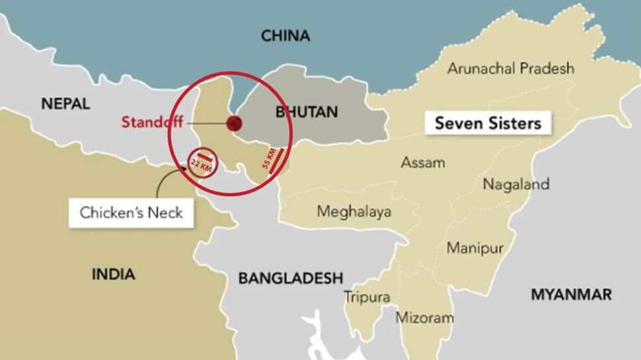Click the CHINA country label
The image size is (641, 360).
(x=285, y=36)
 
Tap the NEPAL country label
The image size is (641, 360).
(x=65, y=104)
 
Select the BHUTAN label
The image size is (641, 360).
(x=306, y=112)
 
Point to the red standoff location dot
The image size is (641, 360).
(x=233, y=124)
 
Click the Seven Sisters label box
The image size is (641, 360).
(x=488, y=124)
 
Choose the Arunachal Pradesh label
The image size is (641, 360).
(x=511, y=68)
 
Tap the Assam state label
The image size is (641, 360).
(x=423, y=162)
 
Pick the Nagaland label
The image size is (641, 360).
(x=516, y=184)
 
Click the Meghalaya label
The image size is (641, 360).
(x=354, y=211)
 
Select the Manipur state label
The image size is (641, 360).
(x=475, y=248)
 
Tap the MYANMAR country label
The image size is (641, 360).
(x=571, y=295)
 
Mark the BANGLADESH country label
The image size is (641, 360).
(x=291, y=278)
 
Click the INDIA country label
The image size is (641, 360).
(x=113, y=273)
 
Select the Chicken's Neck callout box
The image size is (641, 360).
(x=131, y=213)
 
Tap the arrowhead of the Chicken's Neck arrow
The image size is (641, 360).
(x=182, y=169)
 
